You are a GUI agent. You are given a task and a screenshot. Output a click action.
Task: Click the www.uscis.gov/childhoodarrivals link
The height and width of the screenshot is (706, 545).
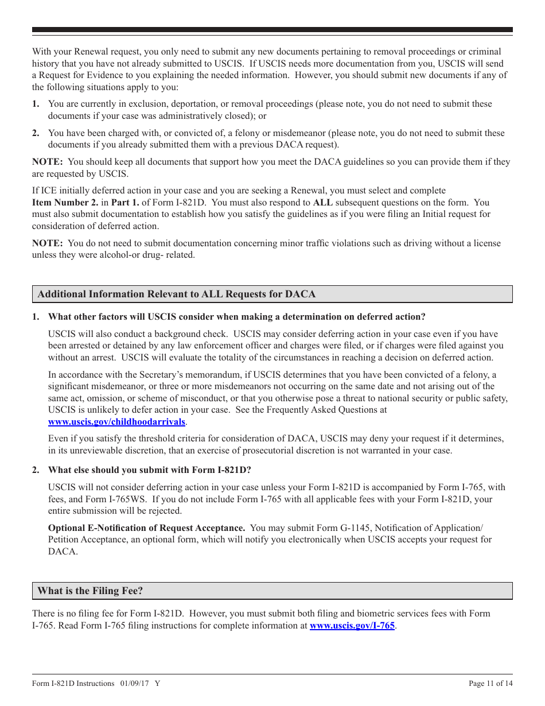tap(116, 422)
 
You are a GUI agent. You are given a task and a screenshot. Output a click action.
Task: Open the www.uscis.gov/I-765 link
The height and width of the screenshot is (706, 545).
tap(352, 626)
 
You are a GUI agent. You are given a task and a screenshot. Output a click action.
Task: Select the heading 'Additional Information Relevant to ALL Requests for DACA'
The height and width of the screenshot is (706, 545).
tap(177, 294)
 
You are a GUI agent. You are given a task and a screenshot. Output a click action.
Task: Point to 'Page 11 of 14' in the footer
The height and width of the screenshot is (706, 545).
tap(490, 683)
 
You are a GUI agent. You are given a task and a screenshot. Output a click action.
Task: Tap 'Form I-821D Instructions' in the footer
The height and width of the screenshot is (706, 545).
tap(73, 683)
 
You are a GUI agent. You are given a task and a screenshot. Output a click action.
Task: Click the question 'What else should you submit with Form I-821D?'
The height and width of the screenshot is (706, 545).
tap(150, 470)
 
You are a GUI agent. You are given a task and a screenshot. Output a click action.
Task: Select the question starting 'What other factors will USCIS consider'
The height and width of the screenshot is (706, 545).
tap(237, 317)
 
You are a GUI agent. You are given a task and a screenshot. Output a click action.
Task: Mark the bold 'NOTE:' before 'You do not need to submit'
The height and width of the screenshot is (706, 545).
tap(48, 243)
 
